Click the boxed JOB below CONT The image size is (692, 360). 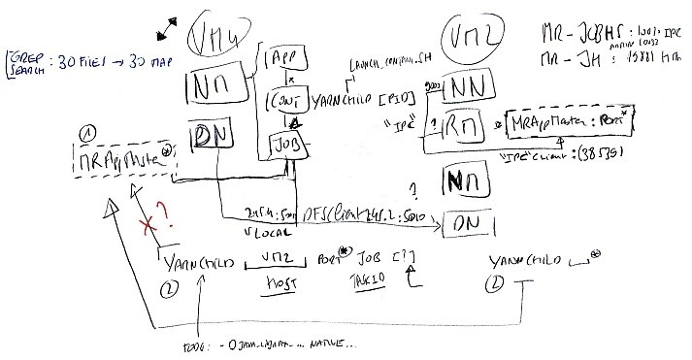(288, 146)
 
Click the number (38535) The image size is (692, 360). (607, 155)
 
